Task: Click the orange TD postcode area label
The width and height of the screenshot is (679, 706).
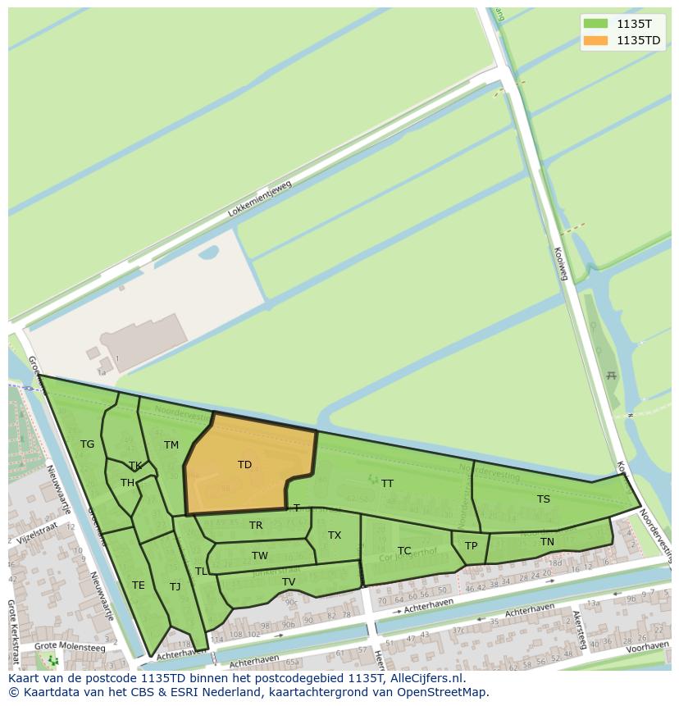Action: point(244,465)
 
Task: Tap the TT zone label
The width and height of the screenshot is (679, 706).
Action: point(387,484)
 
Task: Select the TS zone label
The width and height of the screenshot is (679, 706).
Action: point(544,499)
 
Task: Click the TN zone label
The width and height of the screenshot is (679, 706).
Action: point(547,542)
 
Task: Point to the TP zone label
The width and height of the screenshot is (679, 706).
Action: point(471,546)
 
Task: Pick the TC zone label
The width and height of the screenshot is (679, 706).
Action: point(404,551)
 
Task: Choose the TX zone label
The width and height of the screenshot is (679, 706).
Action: point(335,535)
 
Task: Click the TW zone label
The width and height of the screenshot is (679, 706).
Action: point(260,556)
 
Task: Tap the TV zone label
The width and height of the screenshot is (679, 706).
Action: point(289,582)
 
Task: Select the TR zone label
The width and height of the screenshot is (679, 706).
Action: point(256,526)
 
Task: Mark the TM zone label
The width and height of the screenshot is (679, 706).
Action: point(171,445)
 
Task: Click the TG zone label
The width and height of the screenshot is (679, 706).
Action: point(88,444)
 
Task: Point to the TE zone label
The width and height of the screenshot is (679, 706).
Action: point(139,585)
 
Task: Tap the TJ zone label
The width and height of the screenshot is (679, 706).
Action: point(175,587)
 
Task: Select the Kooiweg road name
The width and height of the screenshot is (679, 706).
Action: point(561,264)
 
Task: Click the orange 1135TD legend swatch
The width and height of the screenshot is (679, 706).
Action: point(596,40)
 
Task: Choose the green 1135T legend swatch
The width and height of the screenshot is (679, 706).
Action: point(596,24)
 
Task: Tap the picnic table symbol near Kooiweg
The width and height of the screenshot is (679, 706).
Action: point(610,376)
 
